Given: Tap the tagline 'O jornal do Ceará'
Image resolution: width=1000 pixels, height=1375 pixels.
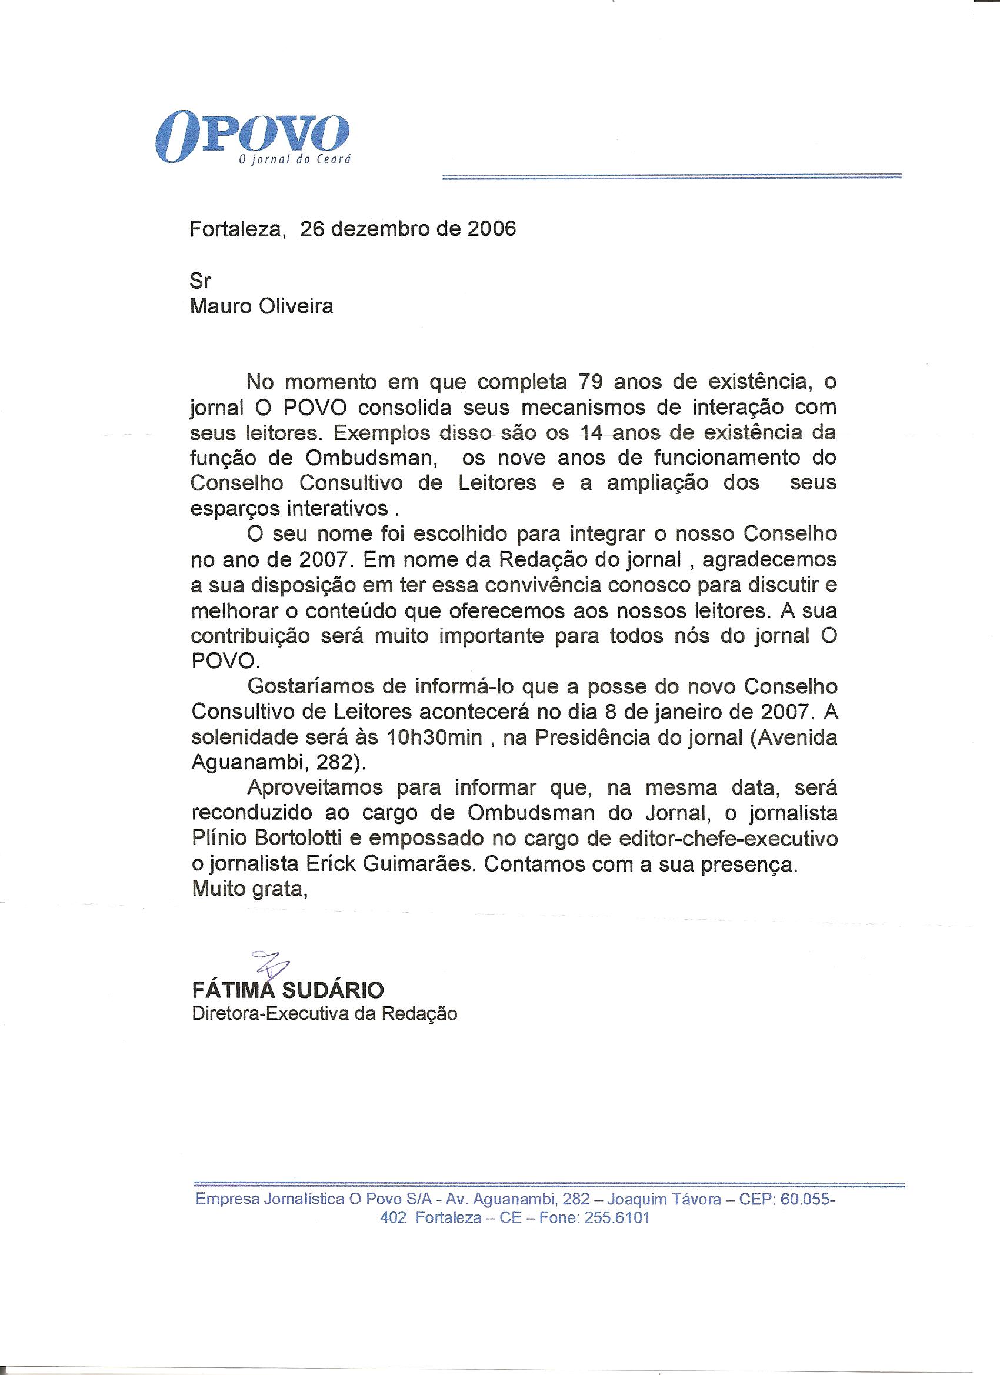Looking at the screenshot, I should [x=295, y=161].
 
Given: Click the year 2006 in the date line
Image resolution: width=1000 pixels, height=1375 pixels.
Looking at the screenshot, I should [x=491, y=229].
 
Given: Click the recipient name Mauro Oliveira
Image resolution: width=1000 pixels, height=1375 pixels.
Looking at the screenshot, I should [x=261, y=306].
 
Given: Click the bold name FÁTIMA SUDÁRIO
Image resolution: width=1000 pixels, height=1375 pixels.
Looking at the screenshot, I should [x=288, y=991].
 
